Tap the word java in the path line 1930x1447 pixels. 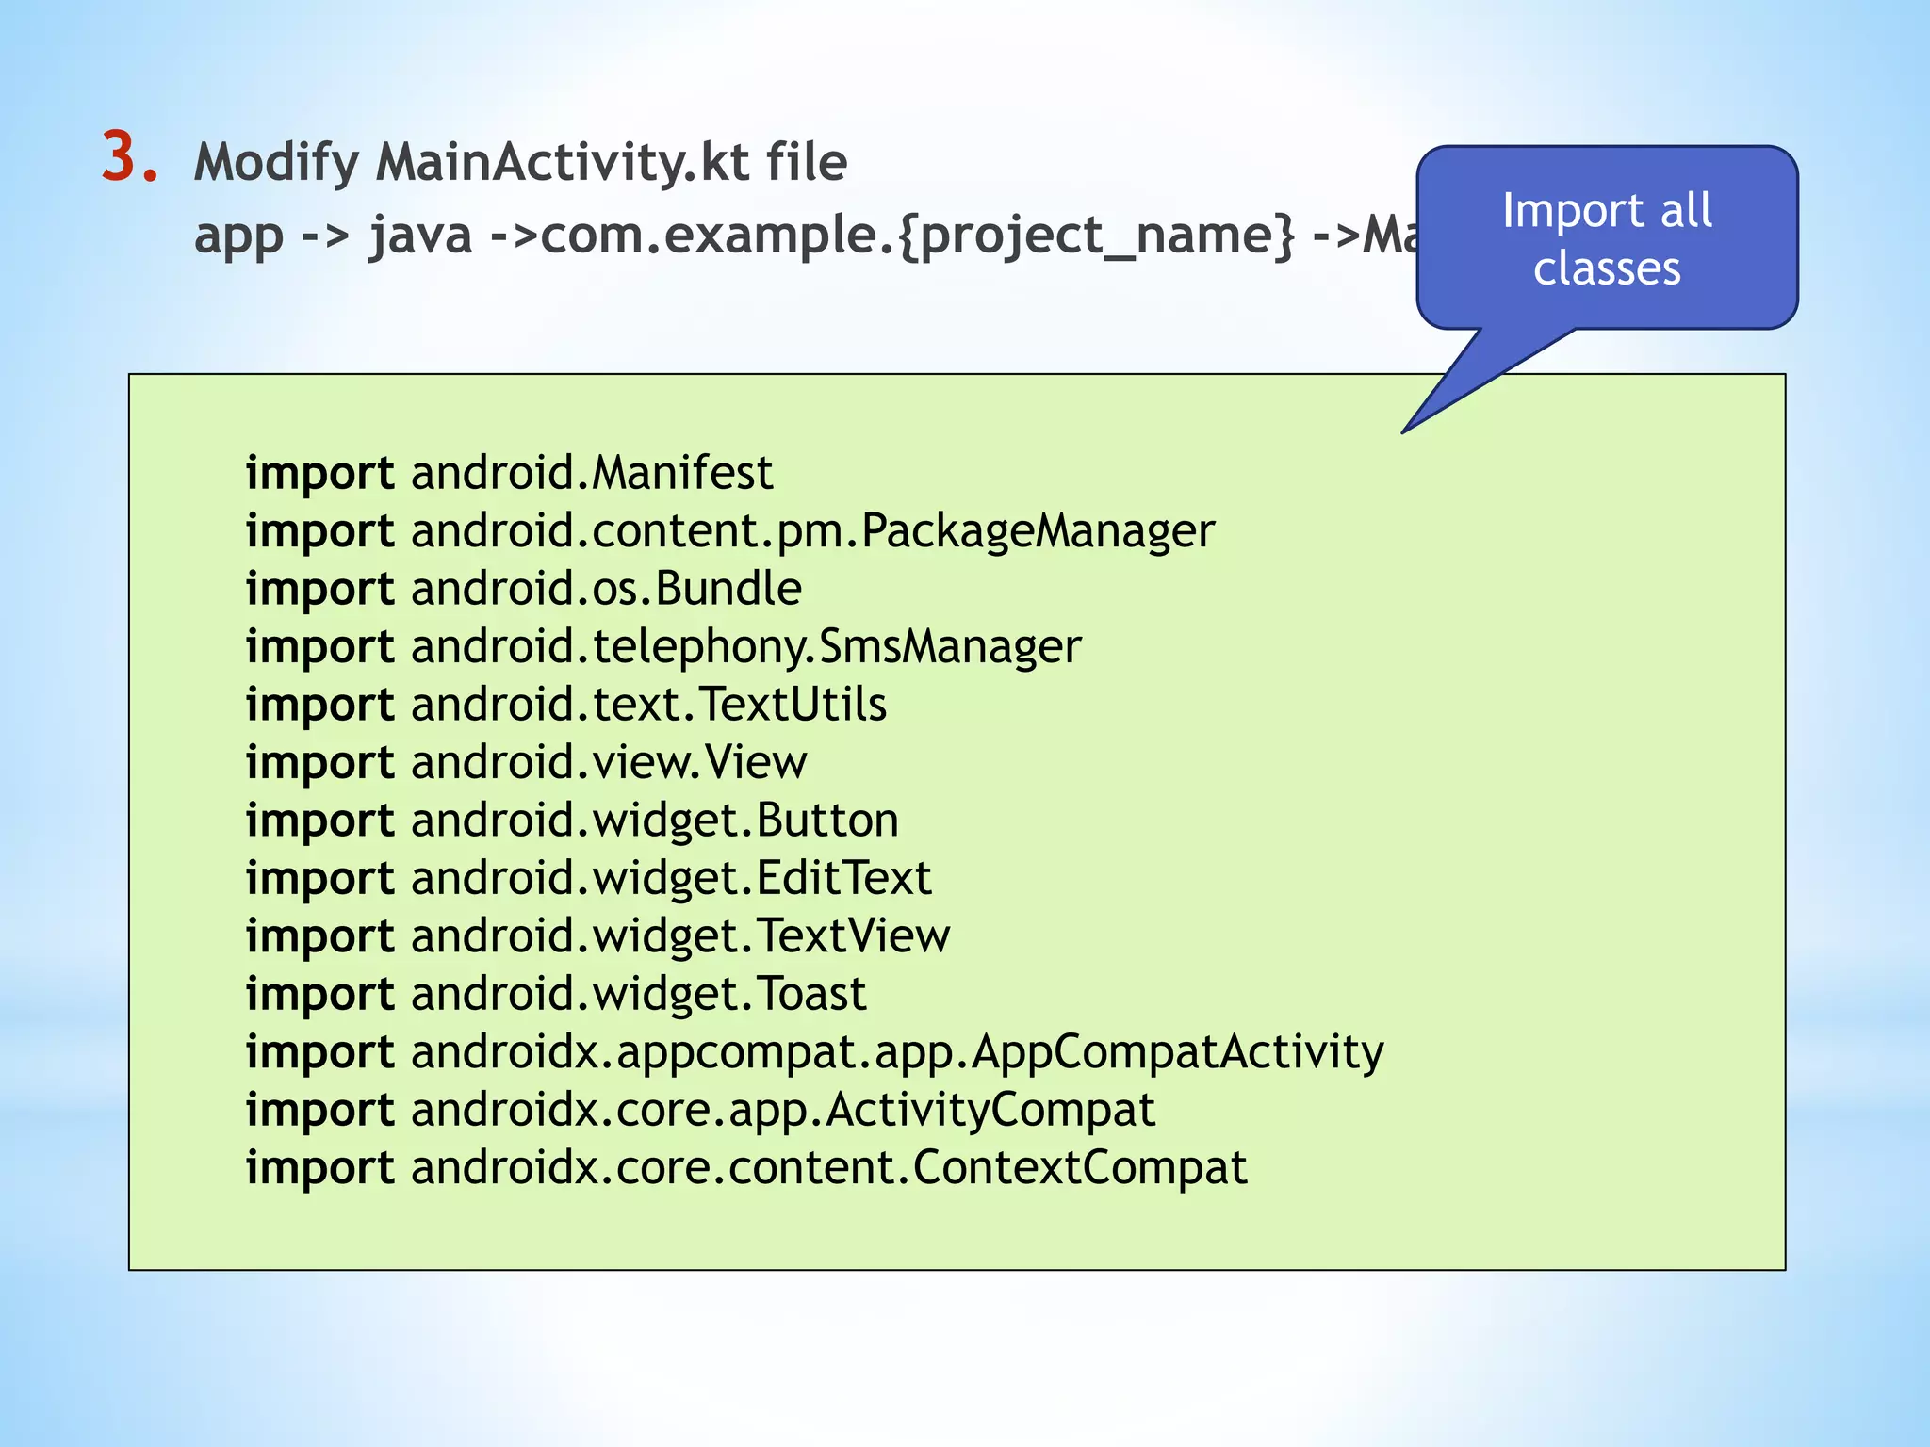point(420,236)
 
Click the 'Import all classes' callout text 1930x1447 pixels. point(1607,238)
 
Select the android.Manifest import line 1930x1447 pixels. point(509,473)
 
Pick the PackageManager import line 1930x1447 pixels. point(730,531)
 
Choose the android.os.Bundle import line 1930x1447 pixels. point(524,589)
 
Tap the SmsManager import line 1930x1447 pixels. point(663,647)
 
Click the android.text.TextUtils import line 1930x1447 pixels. point(566,705)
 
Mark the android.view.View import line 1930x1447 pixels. point(526,762)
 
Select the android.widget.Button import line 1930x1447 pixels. point(572,821)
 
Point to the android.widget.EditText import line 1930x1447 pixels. point(589,878)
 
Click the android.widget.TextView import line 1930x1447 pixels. point(598,936)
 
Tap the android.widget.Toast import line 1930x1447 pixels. point(556,994)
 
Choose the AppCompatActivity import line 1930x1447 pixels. point(815,1052)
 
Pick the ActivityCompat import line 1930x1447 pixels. point(700,1110)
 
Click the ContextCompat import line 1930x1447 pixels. point(746,1168)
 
